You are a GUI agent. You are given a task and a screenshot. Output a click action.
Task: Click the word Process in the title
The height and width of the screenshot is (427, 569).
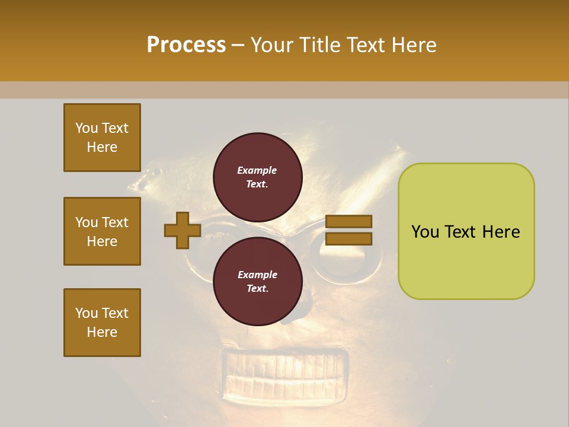(x=186, y=45)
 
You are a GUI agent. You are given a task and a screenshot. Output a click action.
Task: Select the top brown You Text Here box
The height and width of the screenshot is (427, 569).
(x=102, y=138)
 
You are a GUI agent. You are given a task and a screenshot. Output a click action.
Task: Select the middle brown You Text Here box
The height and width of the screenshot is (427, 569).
(x=102, y=231)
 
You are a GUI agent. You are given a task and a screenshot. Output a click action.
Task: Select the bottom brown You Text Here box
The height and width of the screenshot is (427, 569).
(x=102, y=323)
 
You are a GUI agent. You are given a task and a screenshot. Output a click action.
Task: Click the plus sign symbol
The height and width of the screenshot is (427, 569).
(x=183, y=230)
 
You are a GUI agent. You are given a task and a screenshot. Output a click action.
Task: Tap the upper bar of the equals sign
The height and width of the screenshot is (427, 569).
(x=349, y=221)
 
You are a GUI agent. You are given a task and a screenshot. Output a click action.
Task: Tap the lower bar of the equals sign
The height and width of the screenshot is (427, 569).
(x=349, y=239)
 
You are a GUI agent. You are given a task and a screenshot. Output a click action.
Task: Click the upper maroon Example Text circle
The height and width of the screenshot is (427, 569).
(x=257, y=177)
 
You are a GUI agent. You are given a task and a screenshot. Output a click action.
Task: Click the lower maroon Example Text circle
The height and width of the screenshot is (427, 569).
(x=257, y=281)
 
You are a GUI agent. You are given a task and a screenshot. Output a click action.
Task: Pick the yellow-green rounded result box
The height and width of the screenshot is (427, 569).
(x=466, y=231)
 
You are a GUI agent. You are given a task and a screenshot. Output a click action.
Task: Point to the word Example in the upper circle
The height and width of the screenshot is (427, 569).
(x=257, y=170)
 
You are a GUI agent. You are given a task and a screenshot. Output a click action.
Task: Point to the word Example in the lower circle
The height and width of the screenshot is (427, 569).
(x=257, y=275)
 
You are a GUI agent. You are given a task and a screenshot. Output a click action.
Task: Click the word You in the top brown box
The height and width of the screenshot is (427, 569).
(x=86, y=128)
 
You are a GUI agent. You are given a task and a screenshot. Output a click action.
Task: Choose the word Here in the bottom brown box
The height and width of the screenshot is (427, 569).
(x=102, y=332)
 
